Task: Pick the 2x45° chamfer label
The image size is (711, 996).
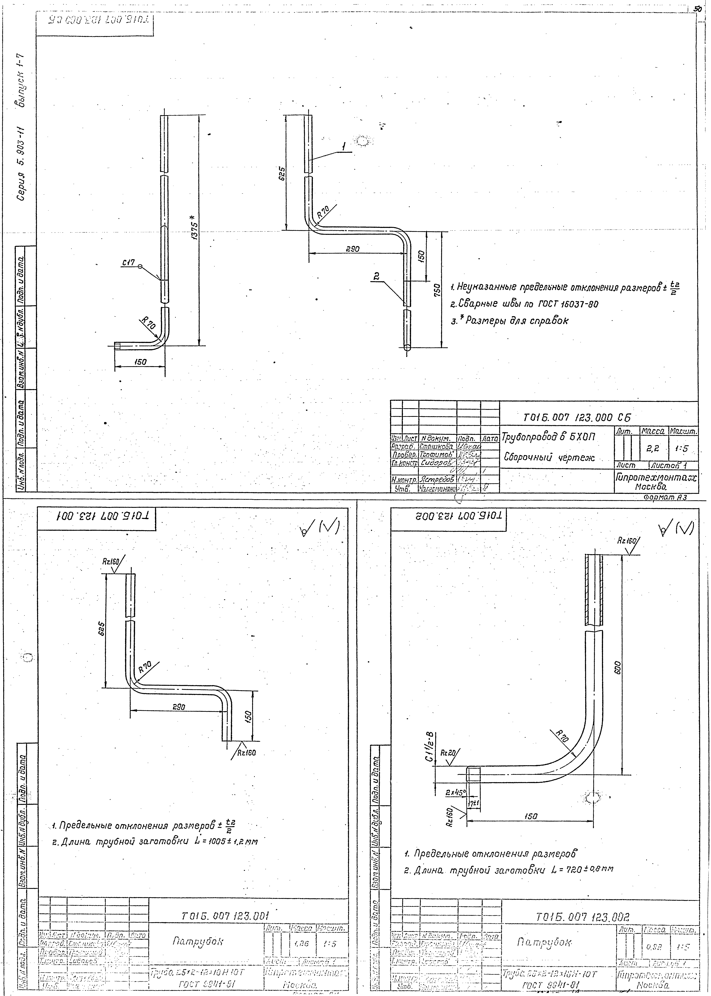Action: (x=455, y=792)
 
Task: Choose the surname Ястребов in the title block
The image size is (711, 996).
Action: (x=438, y=480)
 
